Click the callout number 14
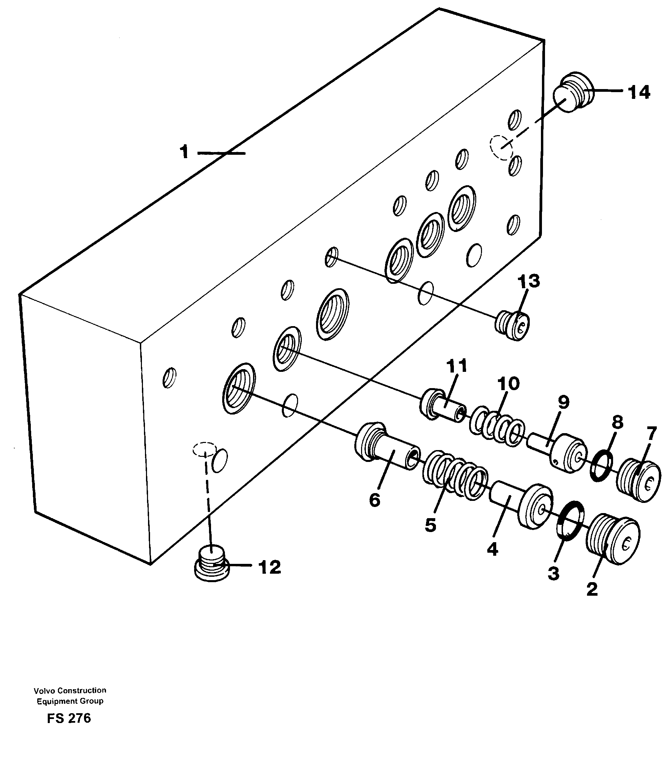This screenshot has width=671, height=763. (639, 92)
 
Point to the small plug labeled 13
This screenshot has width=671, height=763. (514, 326)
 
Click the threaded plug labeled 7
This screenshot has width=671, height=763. (638, 482)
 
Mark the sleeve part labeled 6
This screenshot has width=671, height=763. (386, 447)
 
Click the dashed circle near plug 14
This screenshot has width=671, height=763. (501, 147)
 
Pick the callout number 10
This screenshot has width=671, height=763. (508, 383)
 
